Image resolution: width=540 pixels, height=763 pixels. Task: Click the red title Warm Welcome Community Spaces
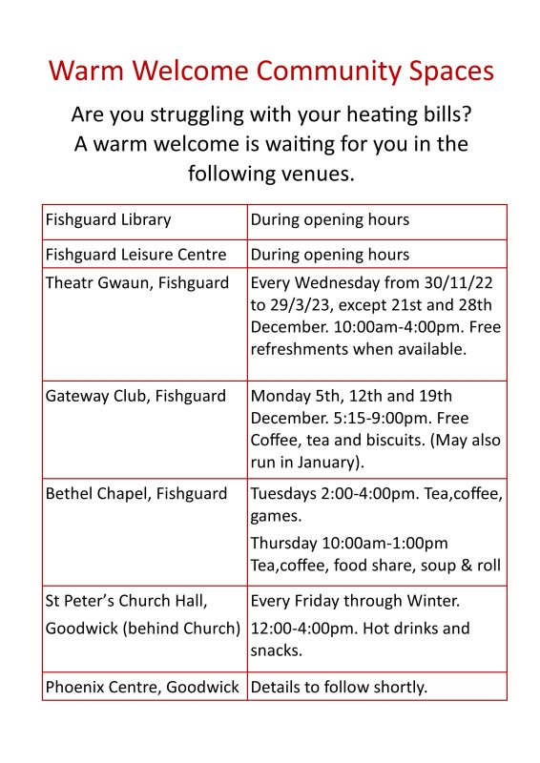pyautogui.click(x=271, y=72)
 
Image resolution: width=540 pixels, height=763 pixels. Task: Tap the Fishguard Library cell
pyautogui.click(x=109, y=220)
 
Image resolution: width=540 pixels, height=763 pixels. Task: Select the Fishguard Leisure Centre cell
pyautogui.click(x=136, y=255)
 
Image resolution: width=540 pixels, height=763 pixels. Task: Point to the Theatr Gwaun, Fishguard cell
pyautogui.click(x=137, y=283)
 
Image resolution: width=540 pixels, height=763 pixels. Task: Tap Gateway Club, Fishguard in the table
pyautogui.click(x=136, y=396)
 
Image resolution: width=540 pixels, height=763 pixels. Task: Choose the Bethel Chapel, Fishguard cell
pyautogui.click(x=136, y=494)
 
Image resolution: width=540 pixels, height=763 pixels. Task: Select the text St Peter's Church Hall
pyautogui.click(x=127, y=602)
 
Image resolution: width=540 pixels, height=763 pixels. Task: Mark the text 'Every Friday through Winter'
pyautogui.click(x=355, y=602)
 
